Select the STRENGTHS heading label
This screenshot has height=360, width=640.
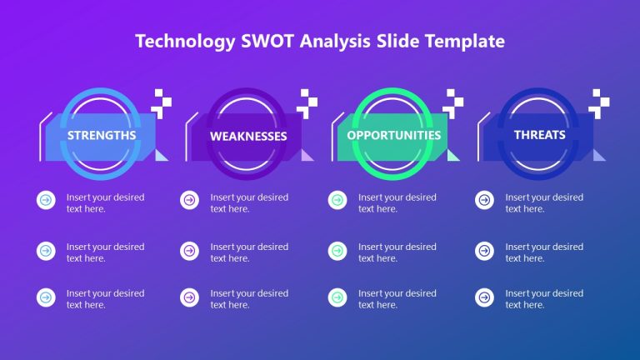[x=102, y=134]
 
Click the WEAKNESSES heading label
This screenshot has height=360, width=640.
[x=248, y=136]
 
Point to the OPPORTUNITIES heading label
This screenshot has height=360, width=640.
[x=394, y=134]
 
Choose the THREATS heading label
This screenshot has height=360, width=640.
[x=540, y=134]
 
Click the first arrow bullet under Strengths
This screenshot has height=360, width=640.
[x=45, y=200]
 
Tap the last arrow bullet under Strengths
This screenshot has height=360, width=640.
[x=45, y=297]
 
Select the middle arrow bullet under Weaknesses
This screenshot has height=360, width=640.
[x=189, y=250]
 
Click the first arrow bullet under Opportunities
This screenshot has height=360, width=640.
[x=337, y=200]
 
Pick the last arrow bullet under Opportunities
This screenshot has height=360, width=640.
[x=337, y=297]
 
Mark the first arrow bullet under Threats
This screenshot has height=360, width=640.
[x=484, y=200]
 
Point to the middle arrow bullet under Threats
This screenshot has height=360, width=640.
[x=484, y=250]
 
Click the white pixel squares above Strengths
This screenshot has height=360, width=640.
[x=162, y=102]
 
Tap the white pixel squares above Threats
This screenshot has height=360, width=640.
[x=599, y=102]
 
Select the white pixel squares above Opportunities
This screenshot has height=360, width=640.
[x=453, y=102]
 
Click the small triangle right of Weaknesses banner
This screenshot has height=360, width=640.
[x=307, y=155]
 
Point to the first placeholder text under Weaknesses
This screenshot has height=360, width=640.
[x=249, y=203]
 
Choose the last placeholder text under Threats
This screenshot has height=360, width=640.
[x=544, y=299]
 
